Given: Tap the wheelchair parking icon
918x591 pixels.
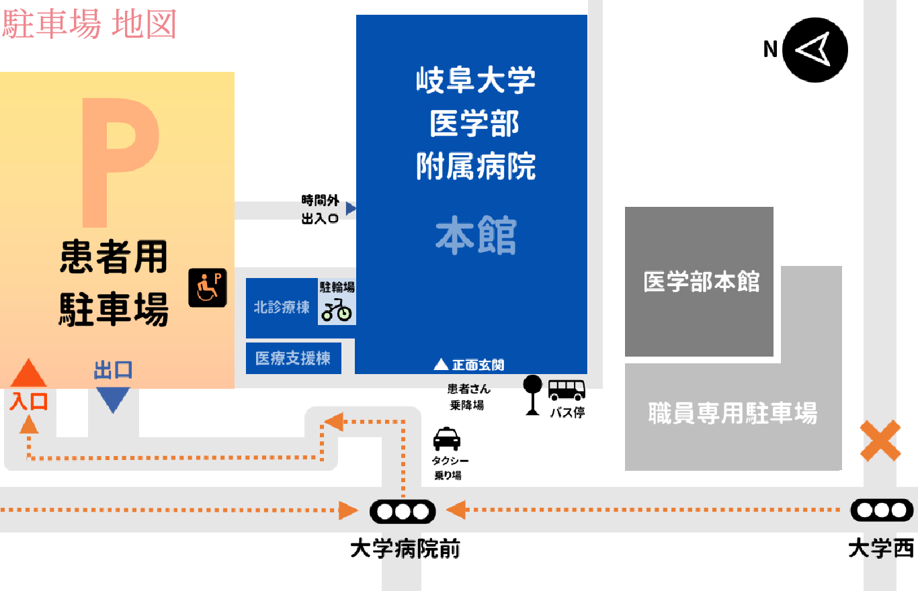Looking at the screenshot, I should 207,287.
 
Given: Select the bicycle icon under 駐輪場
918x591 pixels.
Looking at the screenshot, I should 336,310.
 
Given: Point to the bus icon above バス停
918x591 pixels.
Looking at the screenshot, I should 567,390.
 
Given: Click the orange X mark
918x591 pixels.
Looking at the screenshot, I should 880,441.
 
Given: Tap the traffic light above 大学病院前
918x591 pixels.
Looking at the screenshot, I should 402,512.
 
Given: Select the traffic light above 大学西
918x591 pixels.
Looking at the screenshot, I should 882,510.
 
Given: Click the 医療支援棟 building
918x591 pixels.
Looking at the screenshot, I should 293,358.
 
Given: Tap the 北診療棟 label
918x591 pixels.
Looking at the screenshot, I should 282,308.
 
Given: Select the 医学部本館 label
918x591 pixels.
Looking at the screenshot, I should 701,281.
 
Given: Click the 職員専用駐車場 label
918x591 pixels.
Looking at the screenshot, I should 733,412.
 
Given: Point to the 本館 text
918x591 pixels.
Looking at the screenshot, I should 476,236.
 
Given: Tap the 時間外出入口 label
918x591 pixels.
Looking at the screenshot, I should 320,209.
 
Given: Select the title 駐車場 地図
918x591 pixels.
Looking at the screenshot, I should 89,25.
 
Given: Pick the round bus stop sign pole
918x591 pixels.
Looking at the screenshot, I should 532,395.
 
